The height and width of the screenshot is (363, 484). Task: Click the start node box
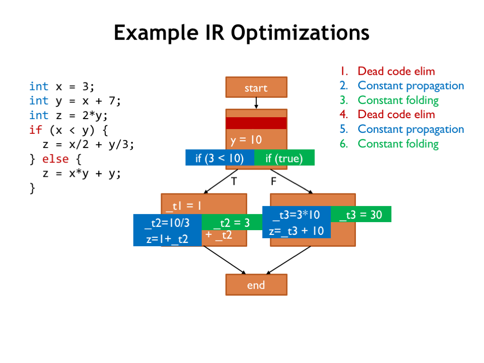[x=256, y=87]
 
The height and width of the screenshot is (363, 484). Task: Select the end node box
[x=256, y=285]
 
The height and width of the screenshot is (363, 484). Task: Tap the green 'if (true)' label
[x=284, y=158]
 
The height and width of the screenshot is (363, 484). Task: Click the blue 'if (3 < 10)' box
[x=219, y=158]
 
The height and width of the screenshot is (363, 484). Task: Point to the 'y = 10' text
[x=246, y=140]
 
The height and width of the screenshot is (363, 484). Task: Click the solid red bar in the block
[x=256, y=123]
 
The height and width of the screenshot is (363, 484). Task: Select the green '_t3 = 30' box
[x=361, y=215]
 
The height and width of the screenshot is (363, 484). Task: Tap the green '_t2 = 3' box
[x=232, y=223]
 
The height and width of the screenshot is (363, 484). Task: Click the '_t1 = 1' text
[x=184, y=206]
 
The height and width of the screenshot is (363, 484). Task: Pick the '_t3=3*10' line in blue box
[x=296, y=215]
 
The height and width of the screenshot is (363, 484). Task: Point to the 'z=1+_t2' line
[x=167, y=239]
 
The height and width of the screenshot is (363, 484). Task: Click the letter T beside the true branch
[x=233, y=181]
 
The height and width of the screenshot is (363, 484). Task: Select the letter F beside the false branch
[x=273, y=181]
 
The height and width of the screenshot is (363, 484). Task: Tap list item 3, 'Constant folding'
[x=398, y=100]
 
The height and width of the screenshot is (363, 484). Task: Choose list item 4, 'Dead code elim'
[x=396, y=114]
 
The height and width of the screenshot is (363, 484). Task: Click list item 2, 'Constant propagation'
[x=410, y=86]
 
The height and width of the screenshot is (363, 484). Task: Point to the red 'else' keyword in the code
[x=55, y=159]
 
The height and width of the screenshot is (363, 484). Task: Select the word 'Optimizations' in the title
[x=300, y=33]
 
